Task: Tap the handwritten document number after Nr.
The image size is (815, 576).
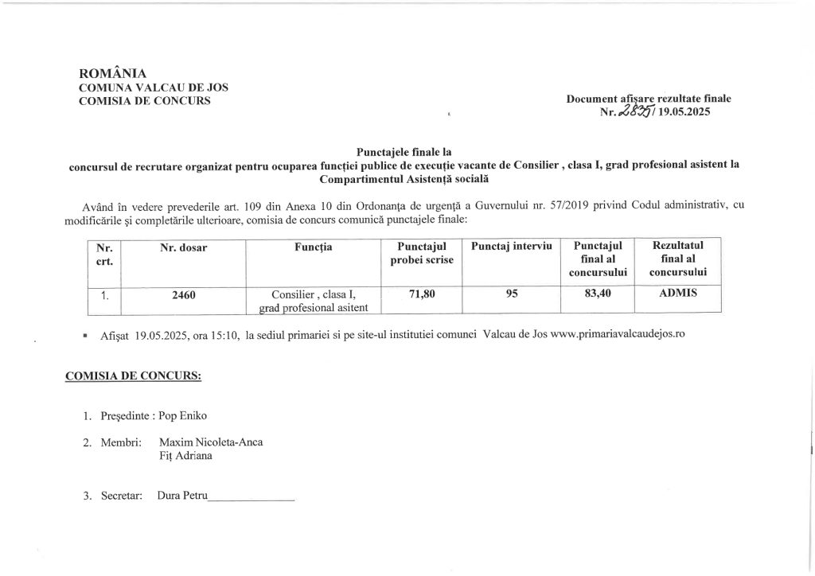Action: pyautogui.click(x=639, y=112)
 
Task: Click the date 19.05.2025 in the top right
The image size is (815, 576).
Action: pyautogui.click(x=684, y=113)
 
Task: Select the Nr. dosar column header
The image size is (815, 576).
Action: pyautogui.click(x=183, y=248)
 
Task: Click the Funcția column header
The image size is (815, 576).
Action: pyautogui.click(x=313, y=248)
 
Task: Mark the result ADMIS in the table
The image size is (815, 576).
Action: pyautogui.click(x=678, y=293)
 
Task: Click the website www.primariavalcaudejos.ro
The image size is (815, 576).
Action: pyautogui.click(x=618, y=337)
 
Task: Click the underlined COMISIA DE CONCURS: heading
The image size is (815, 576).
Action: pyautogui.click(x=133, y=376)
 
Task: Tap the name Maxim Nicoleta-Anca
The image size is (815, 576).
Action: pyautogui.click(x=211, y=442)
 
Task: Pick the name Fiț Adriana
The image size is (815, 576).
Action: pyautogui.click(x=186, y=457)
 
